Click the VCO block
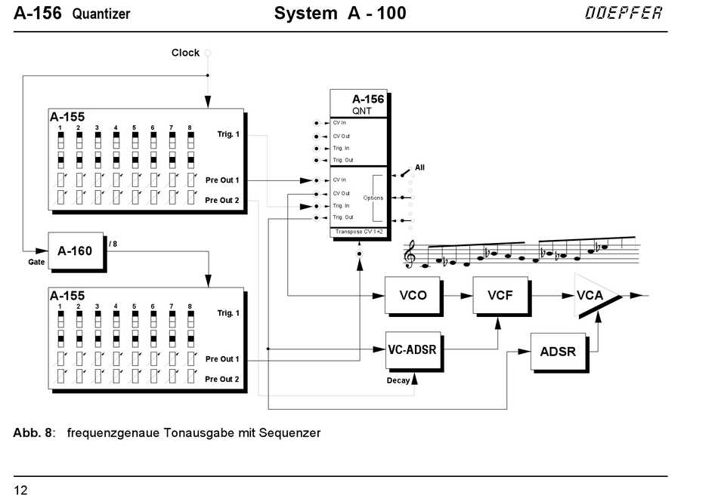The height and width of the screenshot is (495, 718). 412,295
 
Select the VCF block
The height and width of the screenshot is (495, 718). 500,295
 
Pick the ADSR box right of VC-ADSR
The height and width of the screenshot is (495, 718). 558,351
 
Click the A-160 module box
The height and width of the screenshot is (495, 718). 75,251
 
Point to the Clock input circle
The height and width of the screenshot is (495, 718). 208,53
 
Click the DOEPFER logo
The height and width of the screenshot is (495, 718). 624,14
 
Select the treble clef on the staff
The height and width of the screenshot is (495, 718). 411,254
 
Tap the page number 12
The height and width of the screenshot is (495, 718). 20,490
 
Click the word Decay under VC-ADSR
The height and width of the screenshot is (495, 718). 398,380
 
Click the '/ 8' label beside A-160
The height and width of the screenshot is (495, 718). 113,244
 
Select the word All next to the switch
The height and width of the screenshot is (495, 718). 419,168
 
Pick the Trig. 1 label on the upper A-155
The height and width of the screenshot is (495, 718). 227,134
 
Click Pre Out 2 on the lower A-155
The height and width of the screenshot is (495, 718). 221,379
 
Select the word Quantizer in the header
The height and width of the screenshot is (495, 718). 101,14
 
